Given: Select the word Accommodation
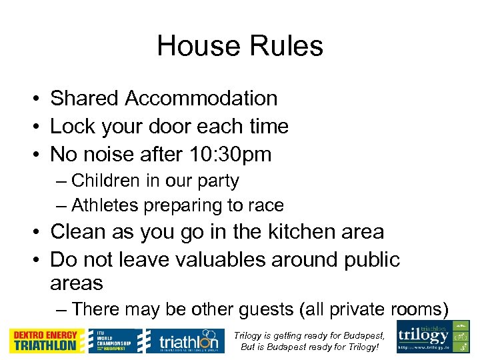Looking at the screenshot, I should pos(201,98).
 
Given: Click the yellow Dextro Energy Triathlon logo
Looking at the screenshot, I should pos(47,341).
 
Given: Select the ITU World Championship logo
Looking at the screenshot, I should pos(115,341).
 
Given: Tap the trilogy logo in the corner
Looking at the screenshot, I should pos(433,337).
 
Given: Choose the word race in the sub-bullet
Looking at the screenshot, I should pos(266,205).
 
